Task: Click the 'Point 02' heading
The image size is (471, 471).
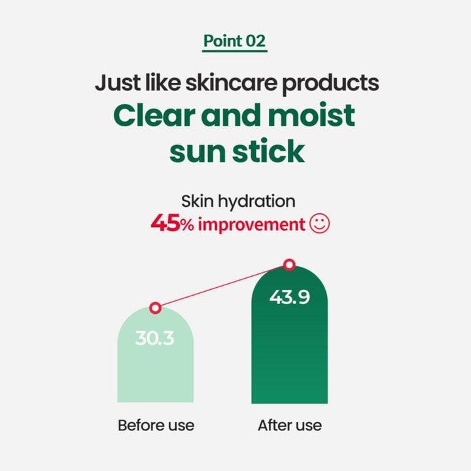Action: pos(235,41)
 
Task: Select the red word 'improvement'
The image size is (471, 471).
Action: pos(252,225)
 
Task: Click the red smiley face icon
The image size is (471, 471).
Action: pos(319,224)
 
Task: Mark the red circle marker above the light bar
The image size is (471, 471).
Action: pos(155,307)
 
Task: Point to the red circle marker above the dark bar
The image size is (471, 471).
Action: pos(290,265)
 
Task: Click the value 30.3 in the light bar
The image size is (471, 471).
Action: pos(155,339)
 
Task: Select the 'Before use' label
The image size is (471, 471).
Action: pos(156,425)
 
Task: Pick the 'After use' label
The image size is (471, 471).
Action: pos(290,425)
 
